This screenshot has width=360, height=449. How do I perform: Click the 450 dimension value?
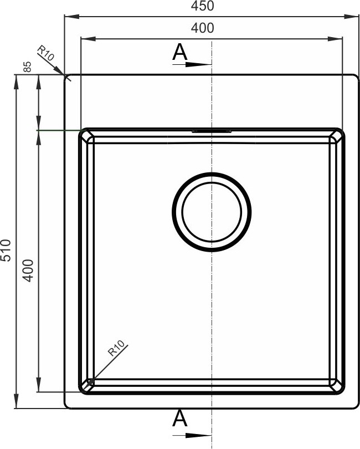tap(202, 6)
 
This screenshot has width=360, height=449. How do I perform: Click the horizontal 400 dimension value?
tap(202, 28)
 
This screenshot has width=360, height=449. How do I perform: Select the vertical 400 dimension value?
tap(28, 271)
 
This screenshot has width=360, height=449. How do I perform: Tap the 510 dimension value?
tap(6, 250)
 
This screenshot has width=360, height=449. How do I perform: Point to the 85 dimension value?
tap(27, 67)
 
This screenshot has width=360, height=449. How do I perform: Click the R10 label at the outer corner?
tap(45, 53)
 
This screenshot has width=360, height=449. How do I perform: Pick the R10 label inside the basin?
tap(116, 348)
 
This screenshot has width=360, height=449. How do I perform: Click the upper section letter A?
tap(179, 52)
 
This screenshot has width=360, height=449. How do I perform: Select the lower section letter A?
tap(179, 418)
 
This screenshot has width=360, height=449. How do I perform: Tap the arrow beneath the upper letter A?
tap(192, 64)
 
